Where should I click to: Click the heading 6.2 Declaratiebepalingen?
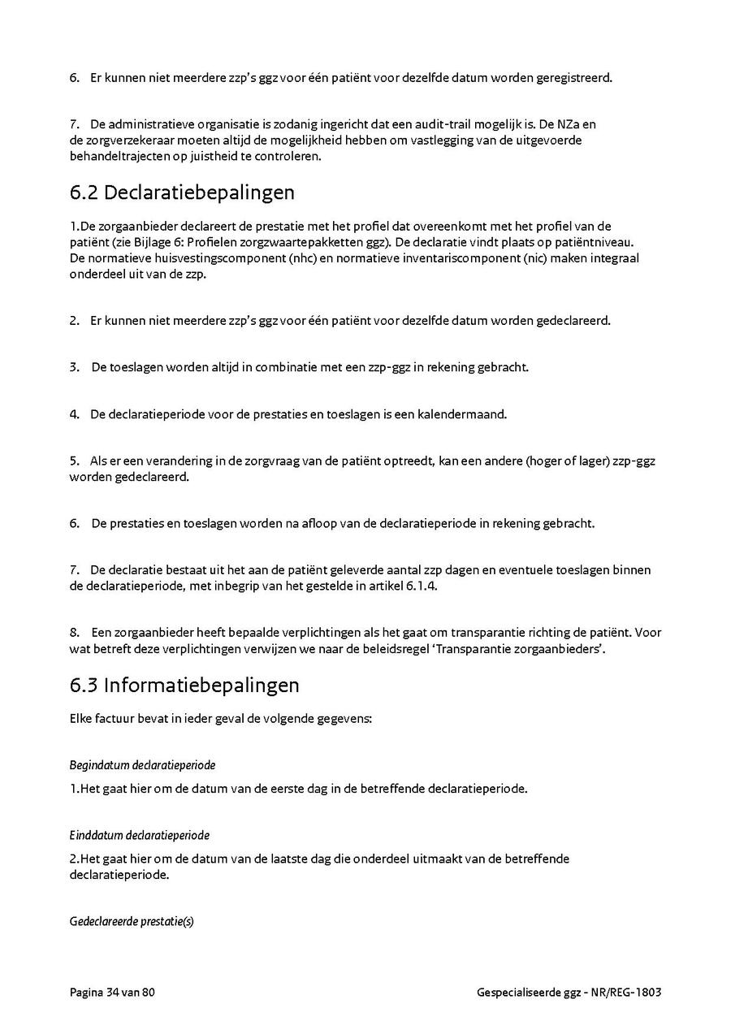182,193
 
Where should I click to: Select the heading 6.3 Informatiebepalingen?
184,686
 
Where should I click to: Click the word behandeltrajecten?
118,157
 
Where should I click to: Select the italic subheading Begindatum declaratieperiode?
142,765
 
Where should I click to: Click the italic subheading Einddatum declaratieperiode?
140,835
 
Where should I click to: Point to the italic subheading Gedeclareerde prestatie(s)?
132,922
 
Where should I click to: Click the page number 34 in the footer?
113,993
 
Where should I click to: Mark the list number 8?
74,632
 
